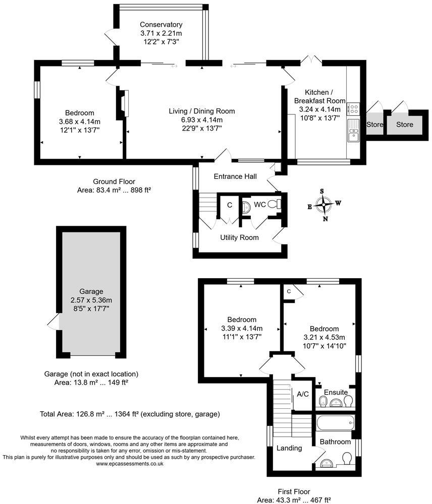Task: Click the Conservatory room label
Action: (x=161, y=25)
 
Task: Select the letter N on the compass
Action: (x=326, y=219)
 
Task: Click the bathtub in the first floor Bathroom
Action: (x=335, y=422)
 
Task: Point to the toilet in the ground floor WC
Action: (x=275, y=205)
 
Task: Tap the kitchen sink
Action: (x=353, y=134)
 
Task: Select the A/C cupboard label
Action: (x=303, y=394)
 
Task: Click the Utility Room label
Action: (x=239, y=237)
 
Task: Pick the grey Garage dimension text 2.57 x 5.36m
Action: (x=91, y=299)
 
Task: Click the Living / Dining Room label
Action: (x=202, y=111)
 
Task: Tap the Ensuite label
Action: (x=336, y=392)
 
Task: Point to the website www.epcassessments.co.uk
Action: (x=129, y=463)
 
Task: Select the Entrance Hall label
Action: (x=235, y=176)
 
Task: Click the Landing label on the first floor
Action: (x=289, y=448)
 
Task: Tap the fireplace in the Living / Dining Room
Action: (x=123, y=103)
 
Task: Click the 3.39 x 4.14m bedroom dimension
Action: (x=241, y=328)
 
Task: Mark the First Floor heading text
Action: (x=293, y=491)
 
